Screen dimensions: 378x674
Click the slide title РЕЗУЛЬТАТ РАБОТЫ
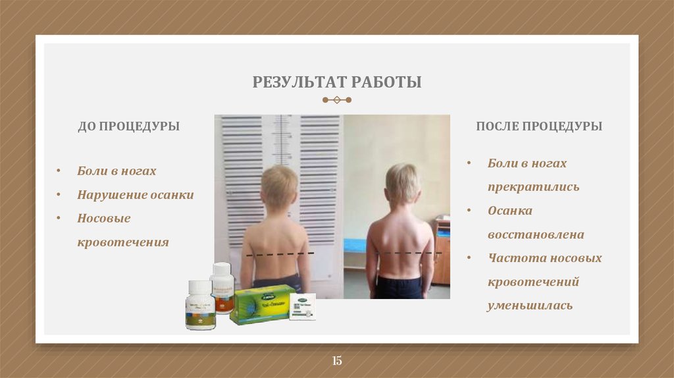pyautogui.click(x=336, y=83)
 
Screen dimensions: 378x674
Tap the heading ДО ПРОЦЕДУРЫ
pyautogui.click(x=128, y=126)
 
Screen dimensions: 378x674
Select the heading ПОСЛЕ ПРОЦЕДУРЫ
pyautogui.click(x=538, y=126)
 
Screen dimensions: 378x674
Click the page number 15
pyautogui.click(x=337, y=360)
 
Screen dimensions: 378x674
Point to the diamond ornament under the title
pyautogui.click(x=337, y=100)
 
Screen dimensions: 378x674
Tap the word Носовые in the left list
pyautogui.click(x=104, y=218)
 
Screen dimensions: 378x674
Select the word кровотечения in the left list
pyautogui.click(x=123, y=242)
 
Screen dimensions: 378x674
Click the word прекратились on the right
pyautogui.click(x=533, y=187)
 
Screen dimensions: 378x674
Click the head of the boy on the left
pyautogui.click(x=279, y=186)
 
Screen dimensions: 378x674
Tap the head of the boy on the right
pyautogui.click(x=402, y=183)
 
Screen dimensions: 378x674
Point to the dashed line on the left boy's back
pyautogui.click(x=280, y=254)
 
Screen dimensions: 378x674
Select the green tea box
pyautogui.click(x=261, y=304)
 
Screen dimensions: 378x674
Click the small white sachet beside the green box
pyautogui.click(x=302, y=306)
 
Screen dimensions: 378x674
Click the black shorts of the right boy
pyautogui.click(x=398, y=288)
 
